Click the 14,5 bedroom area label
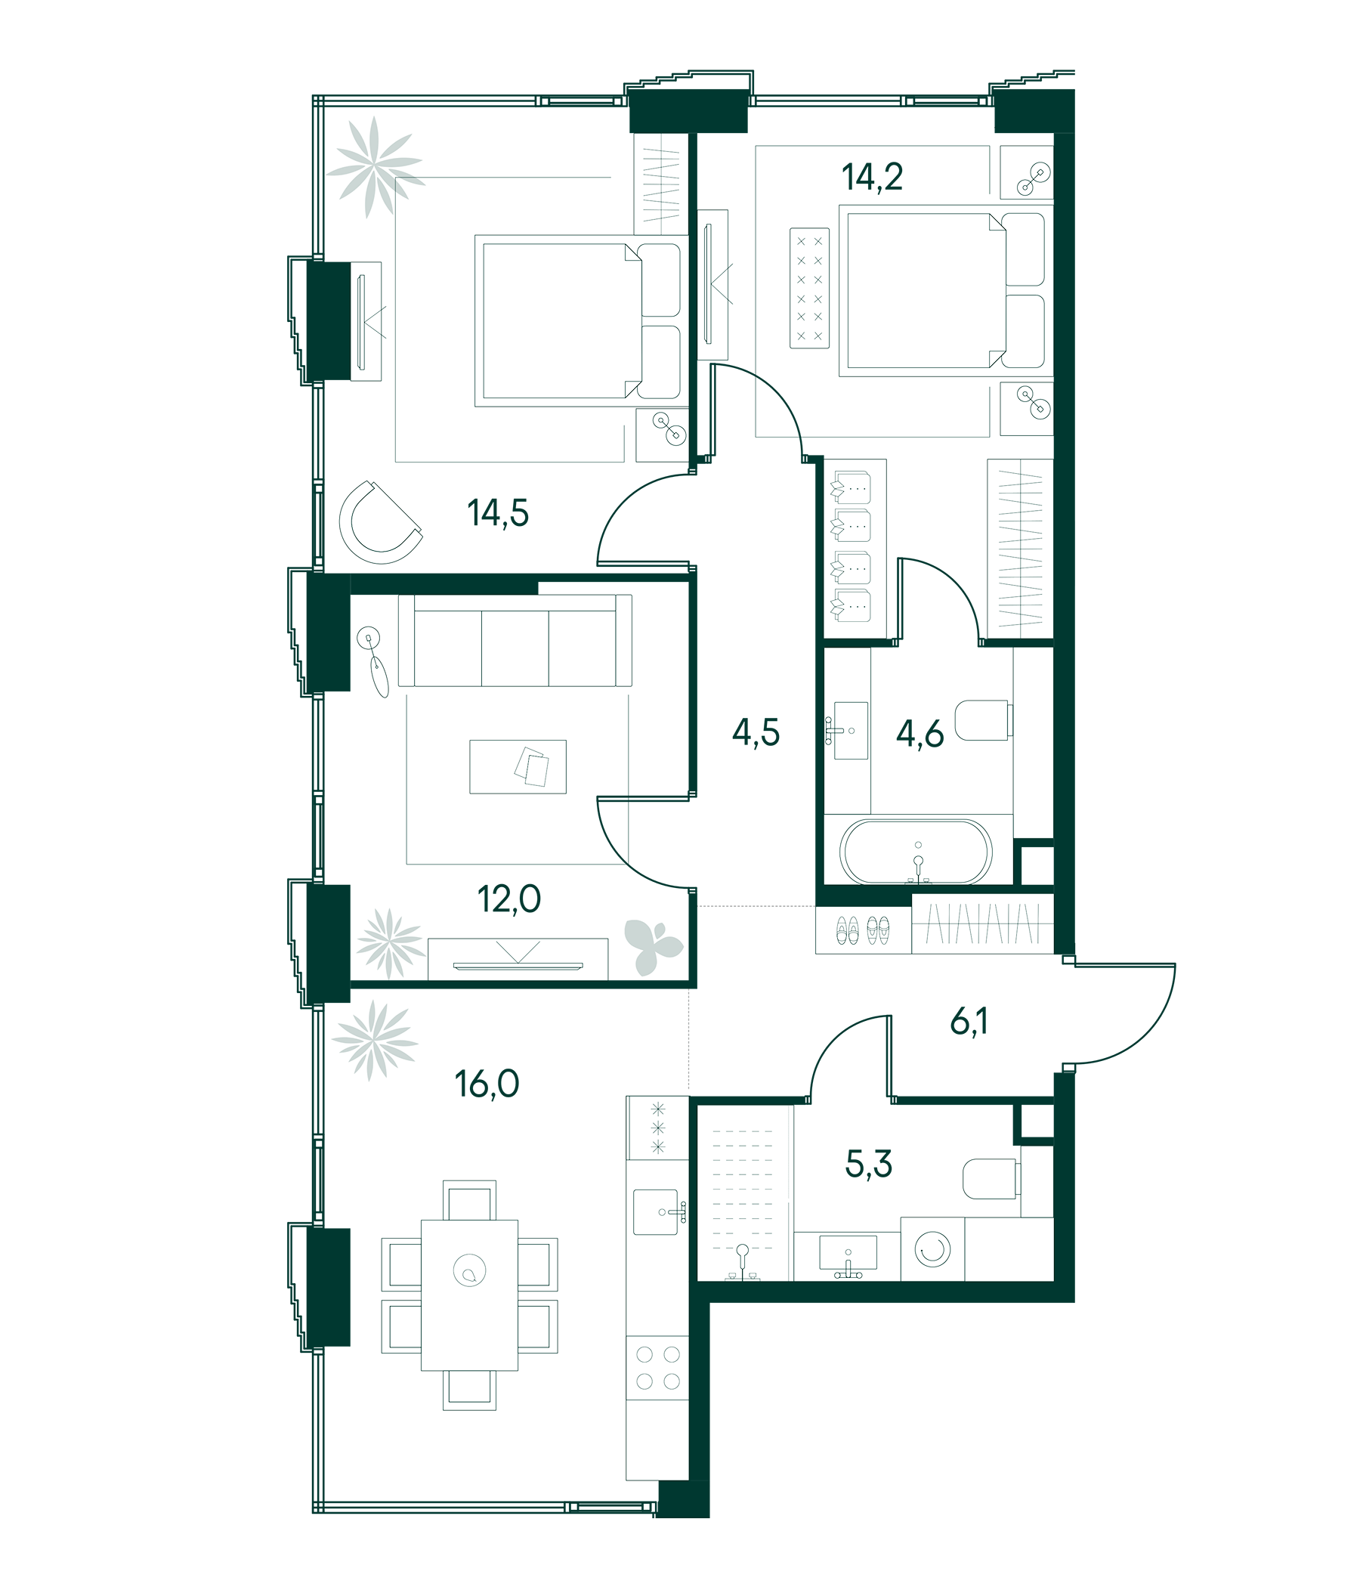498,513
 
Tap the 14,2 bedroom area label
872,178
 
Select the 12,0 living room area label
508,899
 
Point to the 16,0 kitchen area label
487,1084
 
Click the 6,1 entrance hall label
969,1022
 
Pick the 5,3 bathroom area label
868,1164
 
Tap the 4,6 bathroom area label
920,734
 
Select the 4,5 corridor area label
756,732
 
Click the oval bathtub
916,852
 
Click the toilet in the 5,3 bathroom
989,1179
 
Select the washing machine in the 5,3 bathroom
932,1249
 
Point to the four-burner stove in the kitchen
658,1368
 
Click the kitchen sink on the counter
657,1211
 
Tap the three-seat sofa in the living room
515,640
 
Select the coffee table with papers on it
518,766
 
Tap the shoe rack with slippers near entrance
863,930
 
